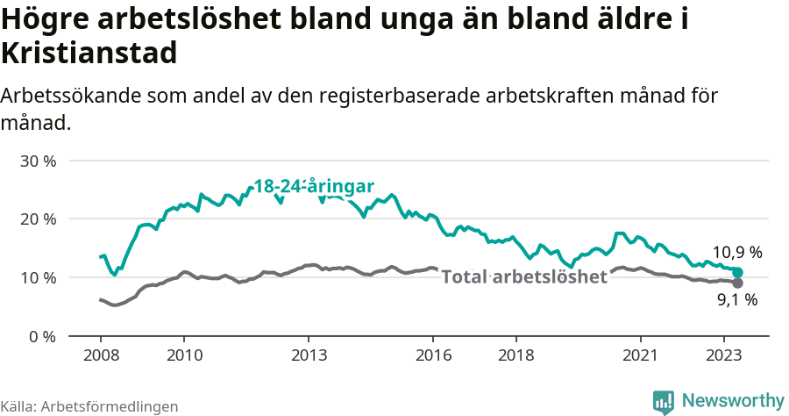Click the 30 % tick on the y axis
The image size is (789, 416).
[38, 161]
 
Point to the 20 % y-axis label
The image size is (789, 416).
[38, 219]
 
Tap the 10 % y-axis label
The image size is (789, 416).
[38, 278]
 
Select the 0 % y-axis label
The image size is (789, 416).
[42, 336]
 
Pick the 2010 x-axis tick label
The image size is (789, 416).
[183, 355]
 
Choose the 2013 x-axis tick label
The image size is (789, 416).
[309, 355]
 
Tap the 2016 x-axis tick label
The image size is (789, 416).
[433, 355]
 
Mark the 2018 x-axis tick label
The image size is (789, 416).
[516, 355]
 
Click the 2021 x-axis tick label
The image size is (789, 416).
[641, 355]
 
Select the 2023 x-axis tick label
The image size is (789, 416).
[724, 355]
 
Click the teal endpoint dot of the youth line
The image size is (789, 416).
[737, 273]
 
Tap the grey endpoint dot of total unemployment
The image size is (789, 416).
[737, 283]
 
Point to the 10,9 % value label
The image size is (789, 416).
[736, 253]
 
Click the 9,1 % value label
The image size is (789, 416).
[736, 300]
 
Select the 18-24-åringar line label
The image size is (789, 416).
[314, 187]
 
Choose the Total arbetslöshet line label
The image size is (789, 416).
[524, 277]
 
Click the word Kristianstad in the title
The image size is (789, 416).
[89, 54]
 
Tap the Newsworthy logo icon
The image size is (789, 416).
[664, 401]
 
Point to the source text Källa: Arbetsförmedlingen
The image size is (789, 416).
[89, 406]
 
